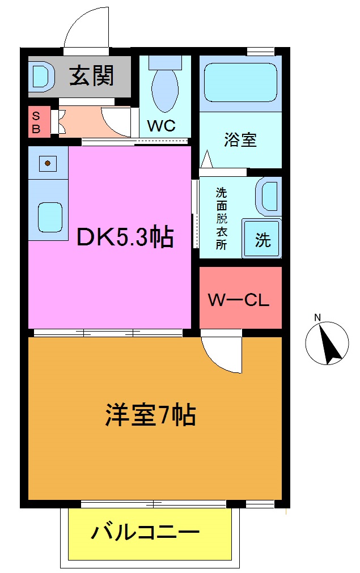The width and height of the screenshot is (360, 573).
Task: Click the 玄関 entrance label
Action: tap(92, 75)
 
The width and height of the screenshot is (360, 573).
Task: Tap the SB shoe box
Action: tap(36, 122)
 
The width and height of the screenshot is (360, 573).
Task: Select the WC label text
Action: tap(162, 126)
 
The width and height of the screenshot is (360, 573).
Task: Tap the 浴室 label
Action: tap(240, 139)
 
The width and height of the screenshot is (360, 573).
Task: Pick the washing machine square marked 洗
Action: tap(262, 239)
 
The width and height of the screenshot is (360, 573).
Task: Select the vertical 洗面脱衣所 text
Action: tap(221, 218)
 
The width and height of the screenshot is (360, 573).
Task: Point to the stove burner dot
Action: tap(48, 164)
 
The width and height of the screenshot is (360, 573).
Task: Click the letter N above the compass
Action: tap(317, 317)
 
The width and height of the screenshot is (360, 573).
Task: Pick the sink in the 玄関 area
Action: tap(41, 75)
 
